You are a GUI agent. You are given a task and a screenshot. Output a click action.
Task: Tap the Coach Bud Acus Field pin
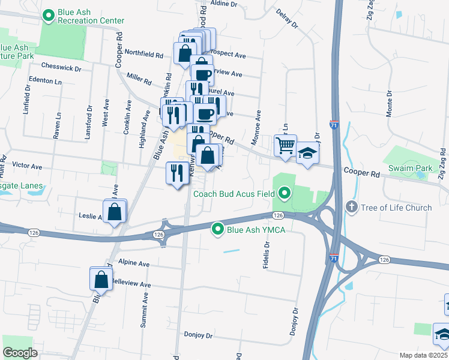click(x=285, y=193)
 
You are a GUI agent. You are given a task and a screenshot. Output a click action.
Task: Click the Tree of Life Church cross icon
click(x=352, y=208)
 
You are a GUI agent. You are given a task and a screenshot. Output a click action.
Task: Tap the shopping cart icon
click(x=285, y=145)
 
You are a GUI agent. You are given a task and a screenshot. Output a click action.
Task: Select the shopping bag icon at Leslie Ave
click(x=113, y=212)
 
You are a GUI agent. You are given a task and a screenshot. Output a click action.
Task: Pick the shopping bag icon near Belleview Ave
click(x=101, y=279)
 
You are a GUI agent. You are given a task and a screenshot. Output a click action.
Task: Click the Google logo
click(x=20, y=352)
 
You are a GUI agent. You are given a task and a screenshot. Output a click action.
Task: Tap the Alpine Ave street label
click(x=134, y=263)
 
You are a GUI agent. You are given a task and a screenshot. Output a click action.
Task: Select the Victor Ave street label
click(x=27, y=166)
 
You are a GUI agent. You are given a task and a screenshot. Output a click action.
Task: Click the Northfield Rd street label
click(x=143, y=55)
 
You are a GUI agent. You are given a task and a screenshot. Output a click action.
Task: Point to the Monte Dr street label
click(x=389, y=104)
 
